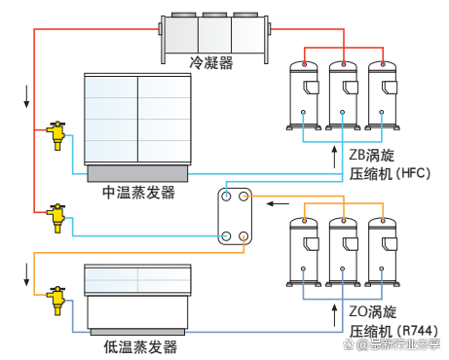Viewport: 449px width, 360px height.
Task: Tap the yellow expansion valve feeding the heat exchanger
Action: click(56, 213)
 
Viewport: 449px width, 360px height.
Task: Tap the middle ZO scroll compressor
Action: click(344, 250)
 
